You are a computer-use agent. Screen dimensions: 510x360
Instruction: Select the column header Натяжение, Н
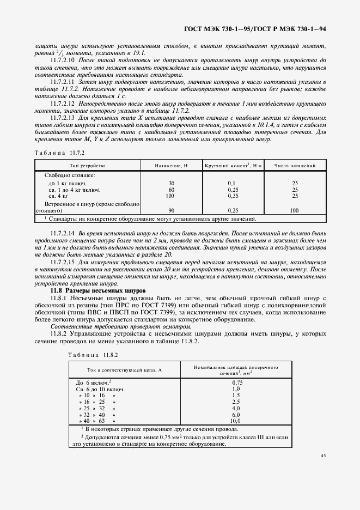172,165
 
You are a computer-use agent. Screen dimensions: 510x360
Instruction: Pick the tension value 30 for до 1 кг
172,183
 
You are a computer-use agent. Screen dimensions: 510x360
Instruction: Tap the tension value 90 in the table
172,210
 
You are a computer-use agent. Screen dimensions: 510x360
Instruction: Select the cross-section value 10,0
236,421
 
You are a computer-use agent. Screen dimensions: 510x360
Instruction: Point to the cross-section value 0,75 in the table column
236,382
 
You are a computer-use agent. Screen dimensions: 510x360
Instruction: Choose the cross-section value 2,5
236,402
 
